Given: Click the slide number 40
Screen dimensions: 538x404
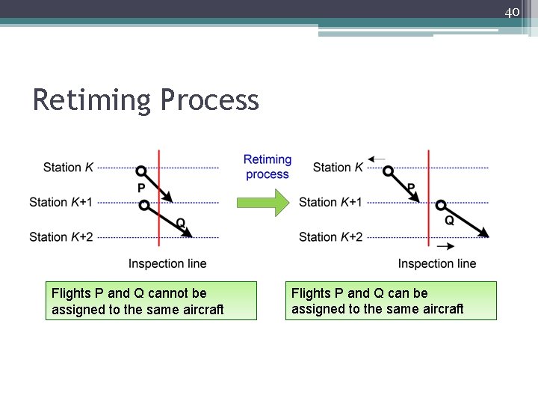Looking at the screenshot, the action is pyautogui.click(x=512, y=13).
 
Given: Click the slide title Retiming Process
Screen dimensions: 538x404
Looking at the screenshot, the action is pyautogui.click(x=146, y=100).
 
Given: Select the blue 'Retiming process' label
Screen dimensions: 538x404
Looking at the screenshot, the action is pyautogui.click(x=267, y=167).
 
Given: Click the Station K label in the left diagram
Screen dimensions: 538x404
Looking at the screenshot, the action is pyautogui.click(x=68, y=167).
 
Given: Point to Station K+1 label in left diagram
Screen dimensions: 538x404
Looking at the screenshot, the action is pyautogui.click(x=61, y=202).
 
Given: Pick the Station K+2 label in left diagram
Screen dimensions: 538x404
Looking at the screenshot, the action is pyautogui.click(x=61, y=237).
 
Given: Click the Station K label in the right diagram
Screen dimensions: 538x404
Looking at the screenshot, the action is pyautogui.click(x=338, y=167).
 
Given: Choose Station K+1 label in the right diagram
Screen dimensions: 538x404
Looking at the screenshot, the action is pyautogui.click(x=330, y=202).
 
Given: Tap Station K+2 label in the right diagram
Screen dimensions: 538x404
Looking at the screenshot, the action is pyautogui.click(x=330, y=237).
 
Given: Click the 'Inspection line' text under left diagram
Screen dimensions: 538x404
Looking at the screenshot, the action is pyautogui.click(x=167, y=263).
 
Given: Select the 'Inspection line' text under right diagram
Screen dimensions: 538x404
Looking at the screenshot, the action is pyautogui.click(x=437, y=263).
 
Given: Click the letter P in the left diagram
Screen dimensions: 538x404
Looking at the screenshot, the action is pyautogui.click(x=141, y=188).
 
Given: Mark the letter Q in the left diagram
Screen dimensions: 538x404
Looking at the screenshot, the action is pyautogui.click(x=180, y=222).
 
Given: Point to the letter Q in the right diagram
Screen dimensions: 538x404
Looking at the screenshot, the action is pyautogui.click(x=449, y=221).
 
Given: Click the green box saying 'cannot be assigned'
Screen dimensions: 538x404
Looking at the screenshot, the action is pyautogui.click(x=151, y=301).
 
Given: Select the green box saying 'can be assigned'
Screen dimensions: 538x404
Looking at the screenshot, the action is pyautogui.click(x=391, y=301).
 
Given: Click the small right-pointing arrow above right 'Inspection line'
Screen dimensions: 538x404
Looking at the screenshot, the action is pyautogui.click(x=445, y=247).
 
